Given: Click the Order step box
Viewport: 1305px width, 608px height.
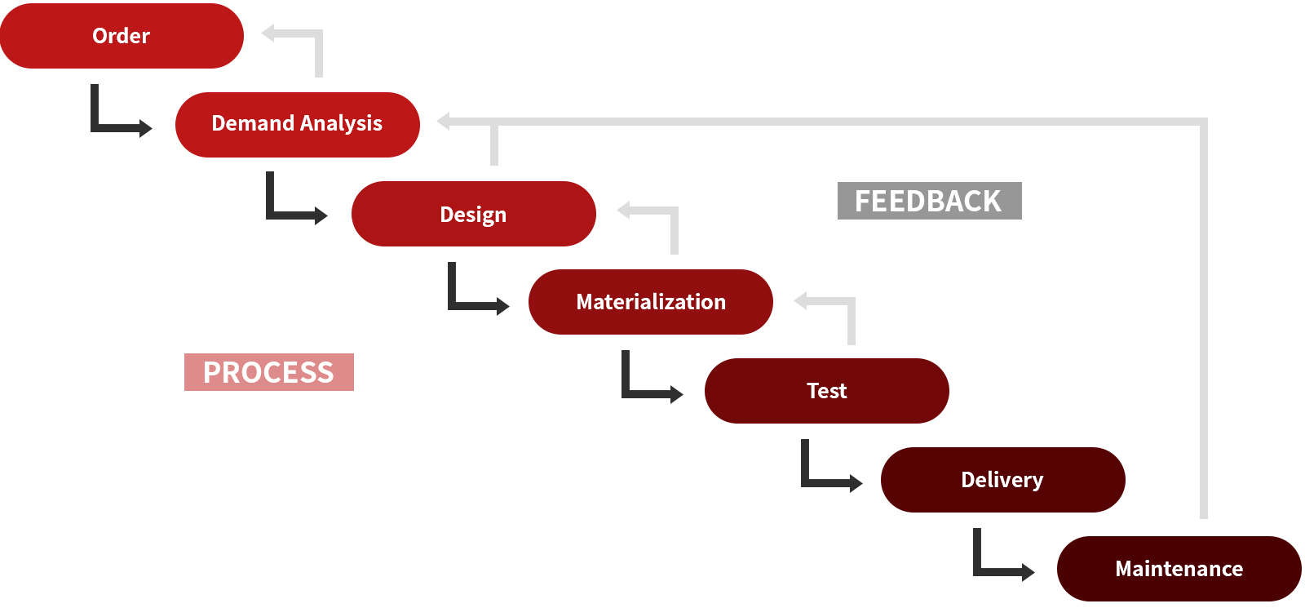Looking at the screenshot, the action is click(x=122, y=36).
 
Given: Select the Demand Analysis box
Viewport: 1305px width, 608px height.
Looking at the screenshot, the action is click(x=297, y=124).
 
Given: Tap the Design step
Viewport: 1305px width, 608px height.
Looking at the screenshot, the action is click(x=474, y=213).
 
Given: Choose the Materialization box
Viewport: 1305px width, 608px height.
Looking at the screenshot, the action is click(x=651, y=301).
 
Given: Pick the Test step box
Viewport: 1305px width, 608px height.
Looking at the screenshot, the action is click(x=827, y=391).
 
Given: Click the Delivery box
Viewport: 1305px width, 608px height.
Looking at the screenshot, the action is click(x=1002, y=480).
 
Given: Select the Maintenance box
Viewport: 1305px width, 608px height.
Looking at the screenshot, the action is click(x=1179, y=568).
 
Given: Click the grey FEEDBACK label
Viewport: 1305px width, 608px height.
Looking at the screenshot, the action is click(x=929, y=201).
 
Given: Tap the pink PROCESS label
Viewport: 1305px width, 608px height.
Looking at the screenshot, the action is click(x=268, y=372).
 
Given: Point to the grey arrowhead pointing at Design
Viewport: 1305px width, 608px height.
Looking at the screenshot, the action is click(x=624, y=210).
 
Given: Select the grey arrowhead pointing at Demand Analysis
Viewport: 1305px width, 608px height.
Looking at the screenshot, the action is click(x=444, y=122).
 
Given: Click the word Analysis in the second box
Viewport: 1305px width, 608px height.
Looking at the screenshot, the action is click(x=342, y=124).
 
